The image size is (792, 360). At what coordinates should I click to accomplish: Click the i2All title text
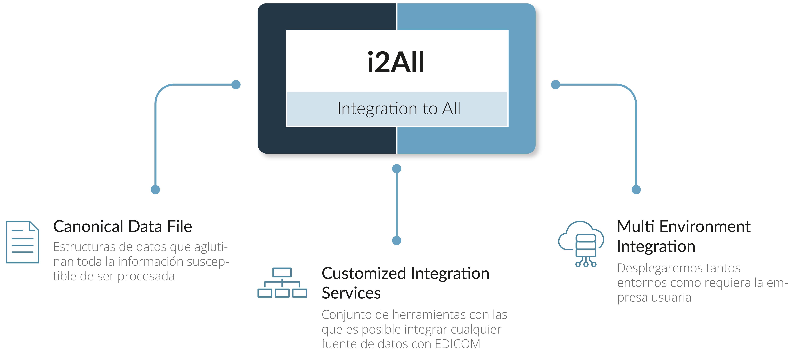pos(396,62)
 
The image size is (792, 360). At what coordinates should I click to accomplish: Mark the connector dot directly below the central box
pos(397,168)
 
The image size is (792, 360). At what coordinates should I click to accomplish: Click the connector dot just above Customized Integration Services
pos(397,240)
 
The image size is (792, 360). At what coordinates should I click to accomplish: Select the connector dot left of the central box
pos(236,85)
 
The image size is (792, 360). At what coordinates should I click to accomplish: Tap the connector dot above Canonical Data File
pos(155,189)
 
